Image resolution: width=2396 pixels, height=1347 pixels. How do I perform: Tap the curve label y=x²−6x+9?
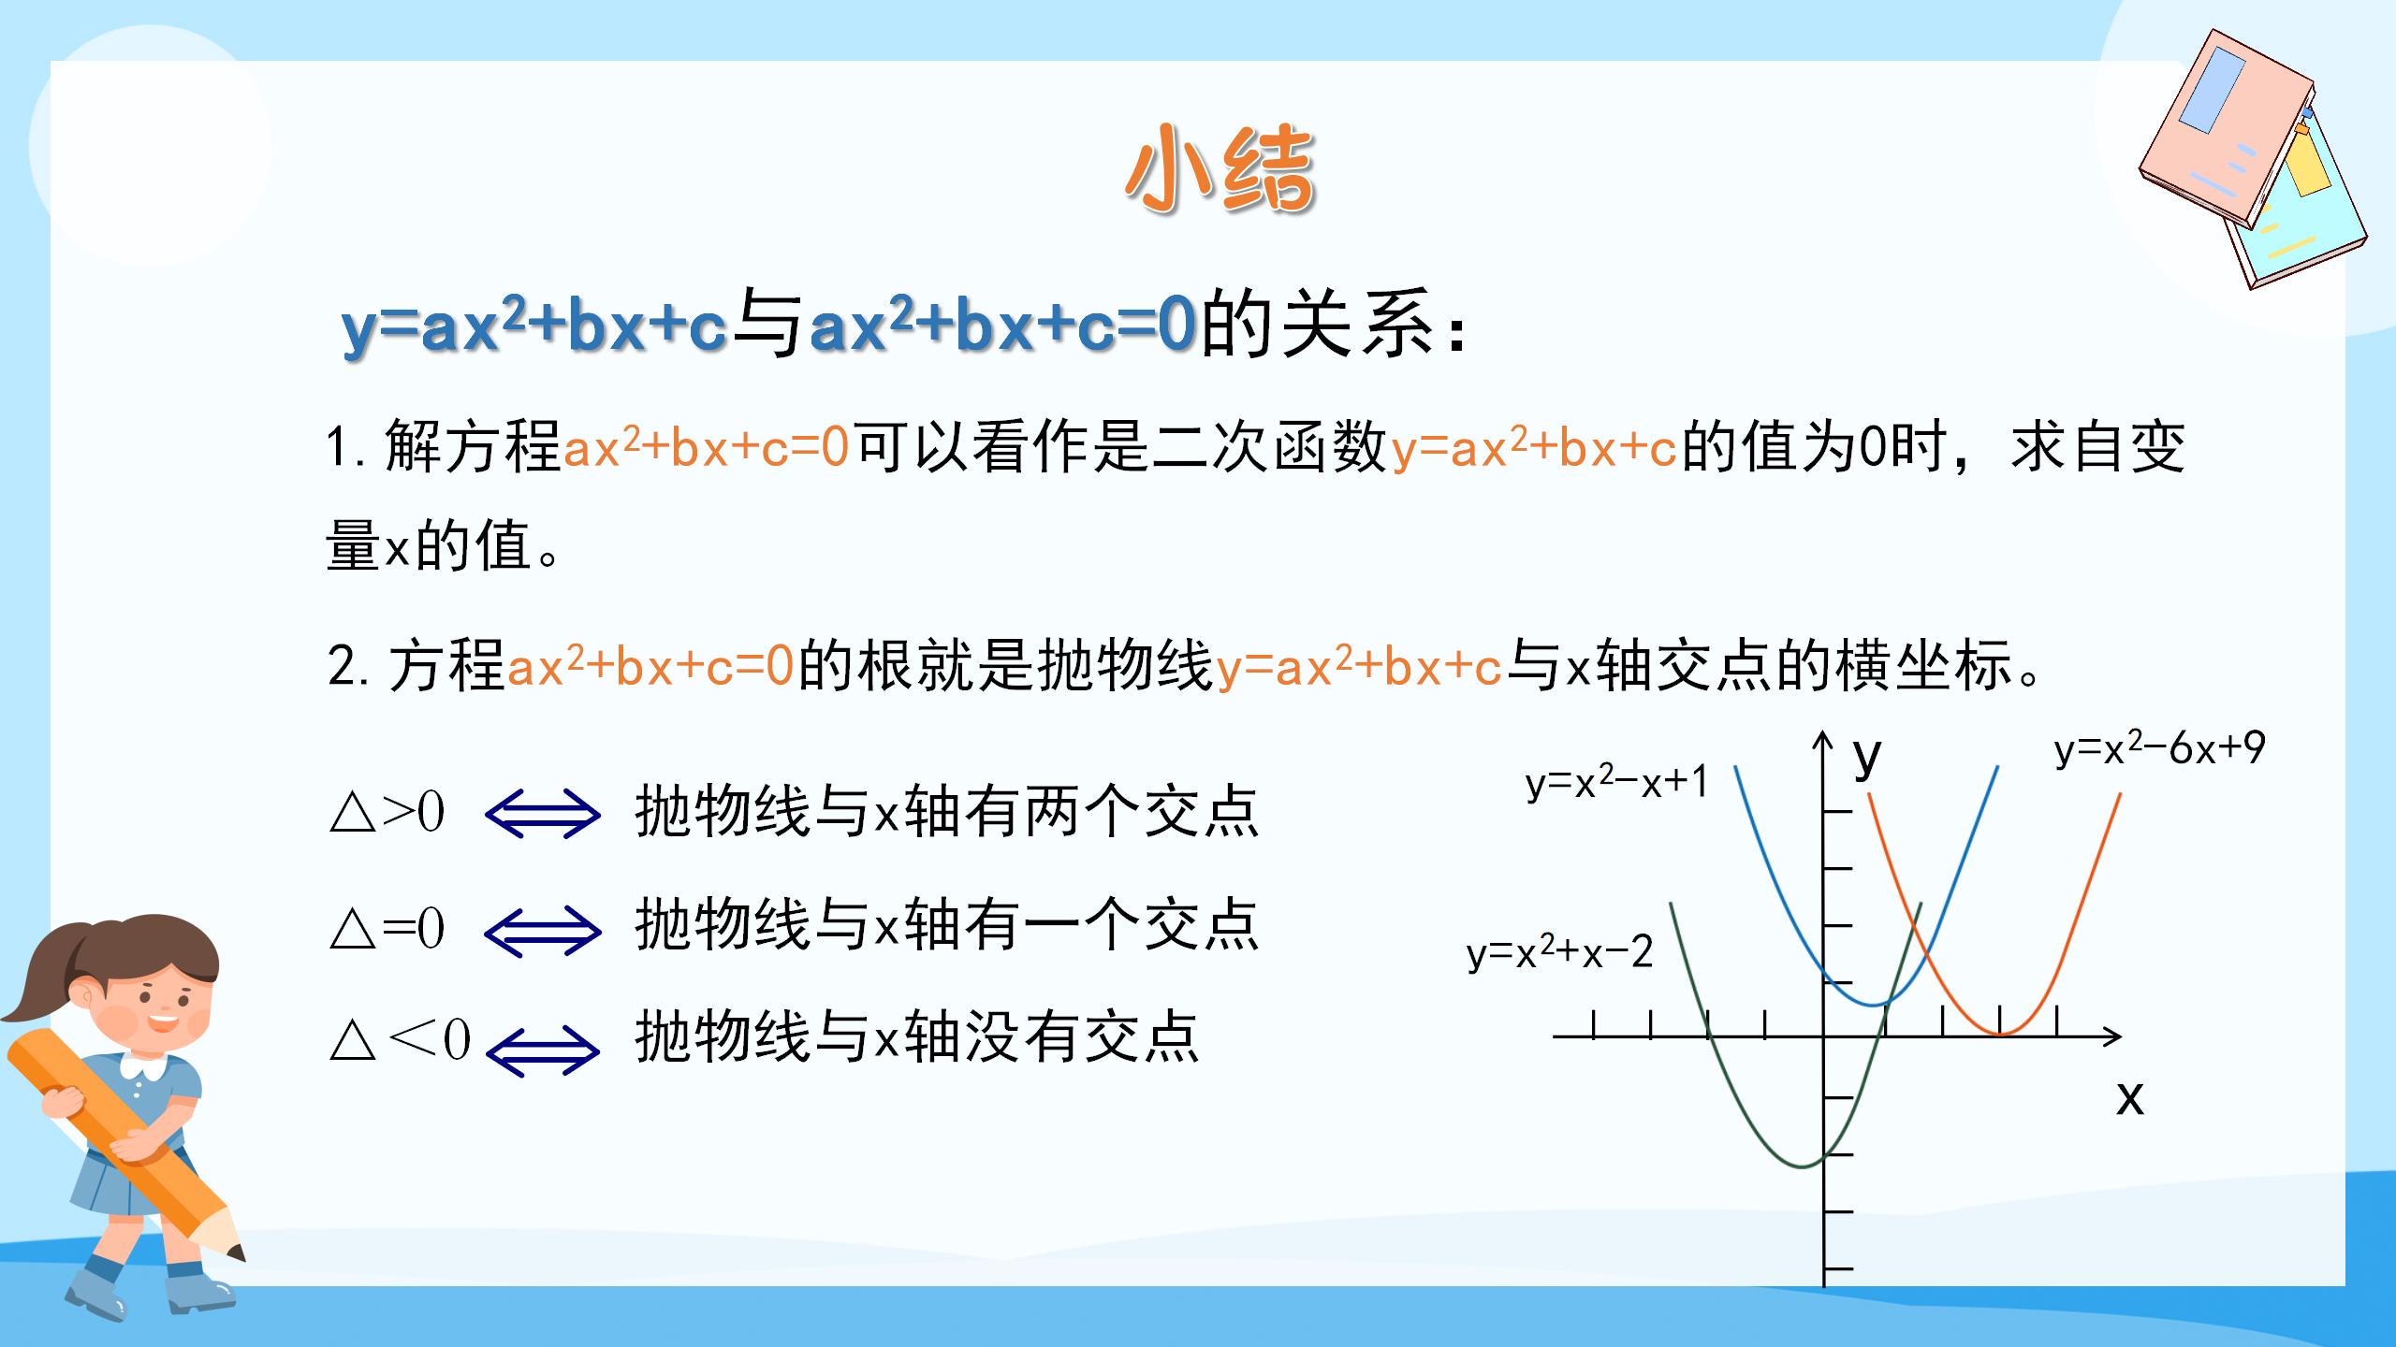pos(2159,749)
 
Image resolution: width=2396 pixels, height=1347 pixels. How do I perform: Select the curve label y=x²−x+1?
pos(1616,782)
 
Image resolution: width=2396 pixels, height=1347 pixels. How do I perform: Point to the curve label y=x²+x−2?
pos(1559,953)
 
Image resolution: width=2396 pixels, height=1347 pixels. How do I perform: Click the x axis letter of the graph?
pos(2129,1096)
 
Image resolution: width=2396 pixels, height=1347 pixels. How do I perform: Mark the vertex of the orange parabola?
pos(2000,1035)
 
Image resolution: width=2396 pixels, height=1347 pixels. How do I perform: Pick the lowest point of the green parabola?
pos(1798,1166)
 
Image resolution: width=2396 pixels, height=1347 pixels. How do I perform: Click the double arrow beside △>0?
pos(543,812)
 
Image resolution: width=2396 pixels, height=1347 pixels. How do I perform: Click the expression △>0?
pos(387,812)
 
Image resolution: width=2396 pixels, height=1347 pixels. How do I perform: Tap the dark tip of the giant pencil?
pos(235,1252)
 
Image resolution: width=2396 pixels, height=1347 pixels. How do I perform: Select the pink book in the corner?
pos(2228,131)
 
